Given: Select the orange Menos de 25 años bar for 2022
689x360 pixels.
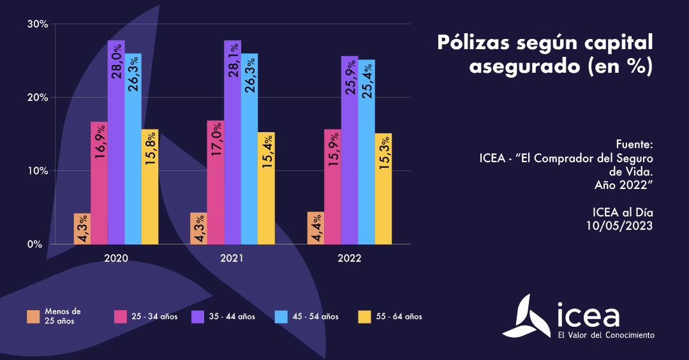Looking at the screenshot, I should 316,228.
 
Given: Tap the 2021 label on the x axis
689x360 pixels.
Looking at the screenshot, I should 232,259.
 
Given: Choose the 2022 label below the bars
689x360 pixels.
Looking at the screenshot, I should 350,259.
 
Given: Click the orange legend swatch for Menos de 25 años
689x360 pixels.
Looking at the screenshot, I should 34,317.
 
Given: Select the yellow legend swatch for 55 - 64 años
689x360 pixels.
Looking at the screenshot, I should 364,317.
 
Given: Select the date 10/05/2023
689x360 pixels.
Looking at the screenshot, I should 619,225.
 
